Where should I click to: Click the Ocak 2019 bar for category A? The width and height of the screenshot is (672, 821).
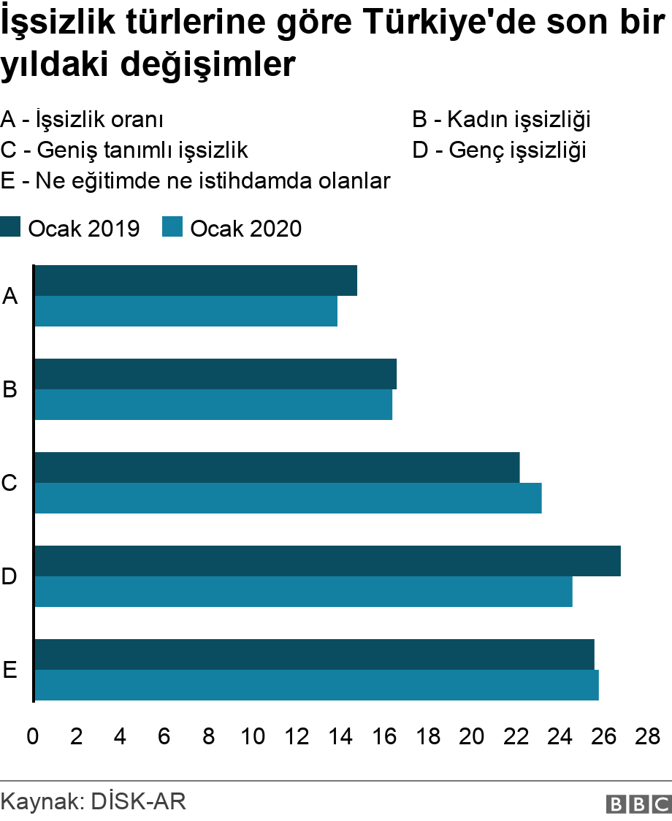point(196,280)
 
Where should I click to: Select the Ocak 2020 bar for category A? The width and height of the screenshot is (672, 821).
point(186,311)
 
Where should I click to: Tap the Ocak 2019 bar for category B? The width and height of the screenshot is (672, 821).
point(215,374)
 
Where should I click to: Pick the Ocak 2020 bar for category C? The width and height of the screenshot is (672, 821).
point(288,498)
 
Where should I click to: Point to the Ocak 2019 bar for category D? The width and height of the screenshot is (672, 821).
point(327,561)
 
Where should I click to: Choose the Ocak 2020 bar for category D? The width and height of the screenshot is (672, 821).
point(303,592)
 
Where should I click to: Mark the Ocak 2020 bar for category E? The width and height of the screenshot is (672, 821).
point(316,685)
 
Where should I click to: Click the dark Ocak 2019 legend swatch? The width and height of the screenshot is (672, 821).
point(10,228)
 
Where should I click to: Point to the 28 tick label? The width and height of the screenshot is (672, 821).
point(648,736)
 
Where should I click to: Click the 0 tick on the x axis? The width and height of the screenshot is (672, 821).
point(33,736)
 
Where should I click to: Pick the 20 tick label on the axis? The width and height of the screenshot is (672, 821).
point(472,736)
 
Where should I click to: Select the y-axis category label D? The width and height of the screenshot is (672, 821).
point(9,577)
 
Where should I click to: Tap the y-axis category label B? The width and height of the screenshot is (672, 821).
point(9,390)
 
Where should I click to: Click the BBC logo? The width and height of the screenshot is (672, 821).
point(638,803)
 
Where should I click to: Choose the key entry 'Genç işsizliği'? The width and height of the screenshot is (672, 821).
point(500,150)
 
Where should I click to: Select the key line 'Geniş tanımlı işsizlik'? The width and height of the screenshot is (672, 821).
point(124,150)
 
